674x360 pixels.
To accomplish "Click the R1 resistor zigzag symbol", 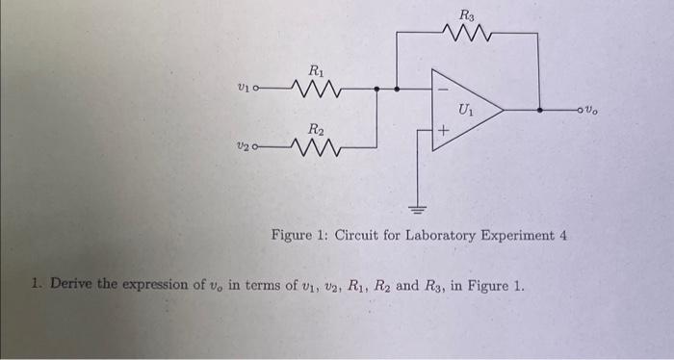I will (x=313, y=91).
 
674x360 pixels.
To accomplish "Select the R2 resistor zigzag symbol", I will (x=314, y=149).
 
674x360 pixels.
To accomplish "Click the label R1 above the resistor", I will (x=316, y=69).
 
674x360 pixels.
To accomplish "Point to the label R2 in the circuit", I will (x=316, y=129).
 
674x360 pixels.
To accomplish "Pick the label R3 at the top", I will (x=467, y=13).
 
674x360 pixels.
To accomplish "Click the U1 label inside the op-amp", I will (x=467, y=109).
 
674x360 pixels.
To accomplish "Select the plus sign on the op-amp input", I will (x=443, y=130).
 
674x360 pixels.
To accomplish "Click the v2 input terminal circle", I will (x=254, y=148).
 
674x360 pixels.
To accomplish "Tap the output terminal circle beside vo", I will (x=607, y=110).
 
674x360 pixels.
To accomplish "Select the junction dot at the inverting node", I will (x=396, y=90).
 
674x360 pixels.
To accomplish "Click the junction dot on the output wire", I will (x=539, y=110).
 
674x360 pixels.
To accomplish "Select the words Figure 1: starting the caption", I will (x=299, y=235).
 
